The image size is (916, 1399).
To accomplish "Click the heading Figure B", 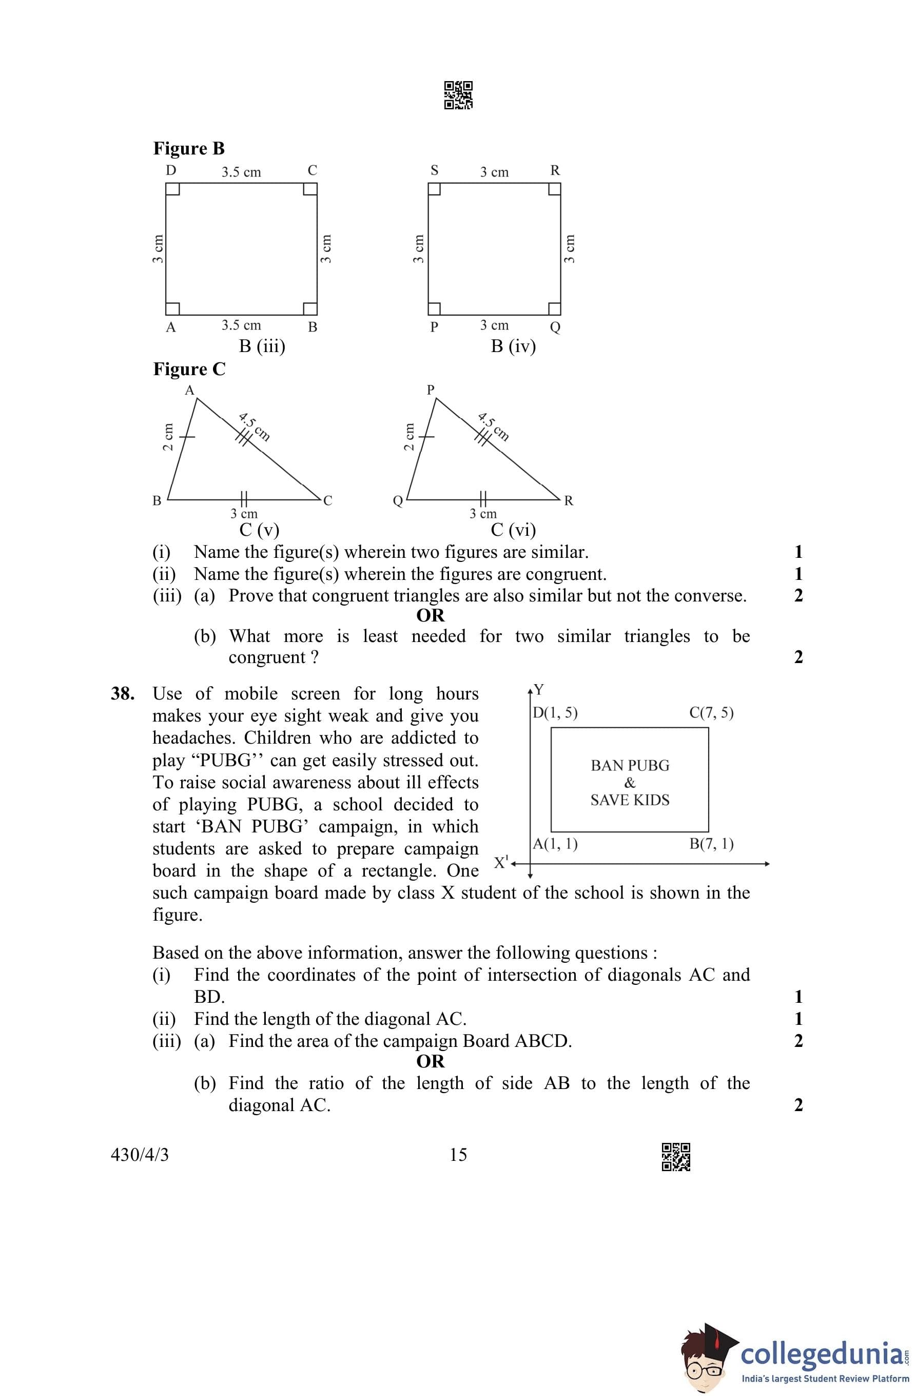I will pyautogui.click(x=189, y=148).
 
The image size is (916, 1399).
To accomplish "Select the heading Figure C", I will pyautogui.click(x=189, y=369).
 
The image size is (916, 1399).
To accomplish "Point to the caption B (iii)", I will pyautogui.click(x=262, y=346).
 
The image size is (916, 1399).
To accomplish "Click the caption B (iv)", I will pyautogui.click(x=513, y=346).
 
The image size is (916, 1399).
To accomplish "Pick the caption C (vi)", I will pyautogui.click(x=513, y=530).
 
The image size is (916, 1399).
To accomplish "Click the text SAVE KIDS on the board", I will pyautogui.click(x=630, y=800).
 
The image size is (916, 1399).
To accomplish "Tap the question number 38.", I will pyautogui.click(x=122, y=694).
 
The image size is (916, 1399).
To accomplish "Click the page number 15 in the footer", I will pyautogui.click(x=458, y=1155).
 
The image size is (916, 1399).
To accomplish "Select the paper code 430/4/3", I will pyautogui.click(x=140, y=1155).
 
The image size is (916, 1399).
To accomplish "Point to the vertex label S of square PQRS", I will pyautogui.click(x=435, y=170).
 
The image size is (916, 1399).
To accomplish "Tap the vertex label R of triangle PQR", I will pyautogui.click(x=569, y=501).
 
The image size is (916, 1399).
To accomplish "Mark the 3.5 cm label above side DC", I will pyautogui.click(x=241, y=172).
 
